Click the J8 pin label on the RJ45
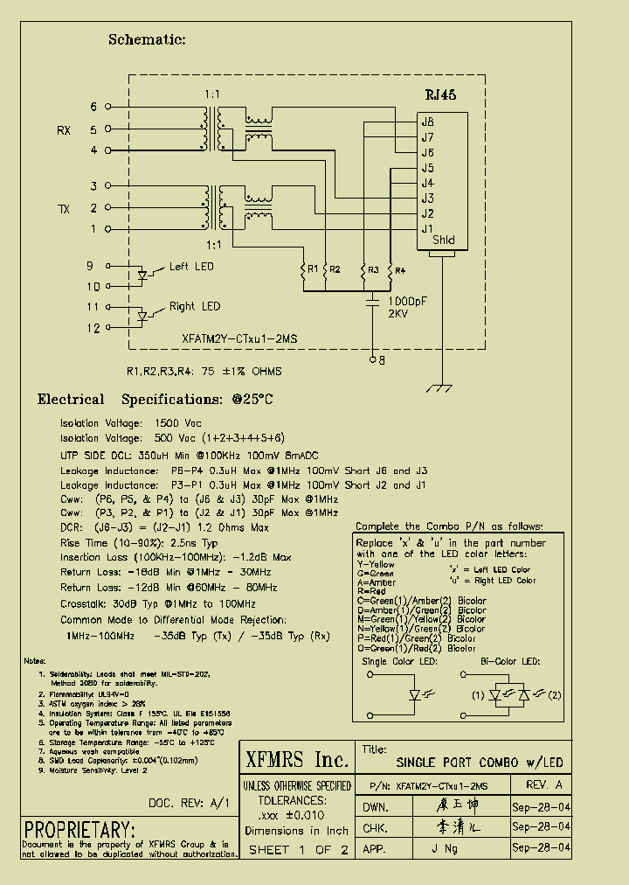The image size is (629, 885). [427, 122]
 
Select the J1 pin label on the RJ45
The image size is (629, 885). [427, 229]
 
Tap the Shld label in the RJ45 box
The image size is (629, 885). [443, 240]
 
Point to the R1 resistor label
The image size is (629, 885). [312, 269]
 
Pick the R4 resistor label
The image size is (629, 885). [400, 270]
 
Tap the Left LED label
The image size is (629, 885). [190, 267]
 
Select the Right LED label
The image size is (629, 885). [194, 307]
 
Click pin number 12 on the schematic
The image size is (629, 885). [93, 328]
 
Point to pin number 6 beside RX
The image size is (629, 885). [93, 108]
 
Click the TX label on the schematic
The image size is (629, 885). [65, 209]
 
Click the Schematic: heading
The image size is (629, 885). [147, 39]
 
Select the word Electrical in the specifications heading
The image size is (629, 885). [71, 400]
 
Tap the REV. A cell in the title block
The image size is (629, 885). [545, 785]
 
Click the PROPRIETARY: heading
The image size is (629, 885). [79, 829]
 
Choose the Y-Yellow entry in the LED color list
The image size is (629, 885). [376, 564]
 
